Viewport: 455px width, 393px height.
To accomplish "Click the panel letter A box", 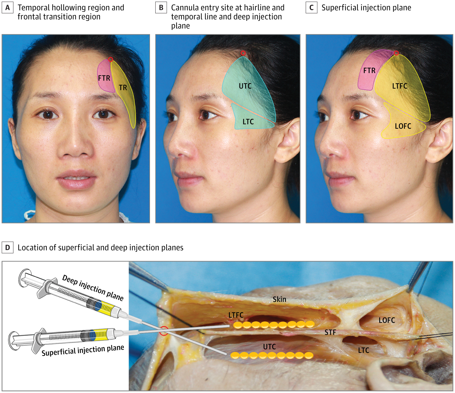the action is tap(7, 8).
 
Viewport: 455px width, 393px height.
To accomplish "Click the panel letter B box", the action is tap(161, 8).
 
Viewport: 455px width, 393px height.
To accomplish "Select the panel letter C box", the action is tap(311, 8).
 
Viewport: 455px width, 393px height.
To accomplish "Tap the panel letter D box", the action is tap(7, 247).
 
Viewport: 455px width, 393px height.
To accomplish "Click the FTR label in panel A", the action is tap(104, 78).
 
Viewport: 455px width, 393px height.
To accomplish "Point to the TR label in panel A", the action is tap(123, 88).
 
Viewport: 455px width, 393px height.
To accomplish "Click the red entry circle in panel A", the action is tap(110, 59).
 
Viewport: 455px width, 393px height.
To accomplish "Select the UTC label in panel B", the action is tap(245, 86).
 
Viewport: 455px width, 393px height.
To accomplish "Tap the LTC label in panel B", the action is tap(248, 122).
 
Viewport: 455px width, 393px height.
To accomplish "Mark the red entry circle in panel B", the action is tap(243, 53).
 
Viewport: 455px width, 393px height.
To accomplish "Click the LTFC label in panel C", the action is tap(399, 86).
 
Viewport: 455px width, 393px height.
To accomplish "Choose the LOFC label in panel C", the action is tap(403, 126).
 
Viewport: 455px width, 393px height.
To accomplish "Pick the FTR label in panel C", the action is tap(369, 71).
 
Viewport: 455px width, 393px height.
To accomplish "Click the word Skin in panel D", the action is tap(279, 299).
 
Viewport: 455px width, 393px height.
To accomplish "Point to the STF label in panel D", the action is tap(330, 332).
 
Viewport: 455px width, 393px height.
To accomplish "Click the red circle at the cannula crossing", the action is tap(164, 331).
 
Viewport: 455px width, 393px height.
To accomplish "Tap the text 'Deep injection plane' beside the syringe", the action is tap(93, 288).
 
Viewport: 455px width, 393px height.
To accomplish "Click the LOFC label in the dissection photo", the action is tap(386, 320).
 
